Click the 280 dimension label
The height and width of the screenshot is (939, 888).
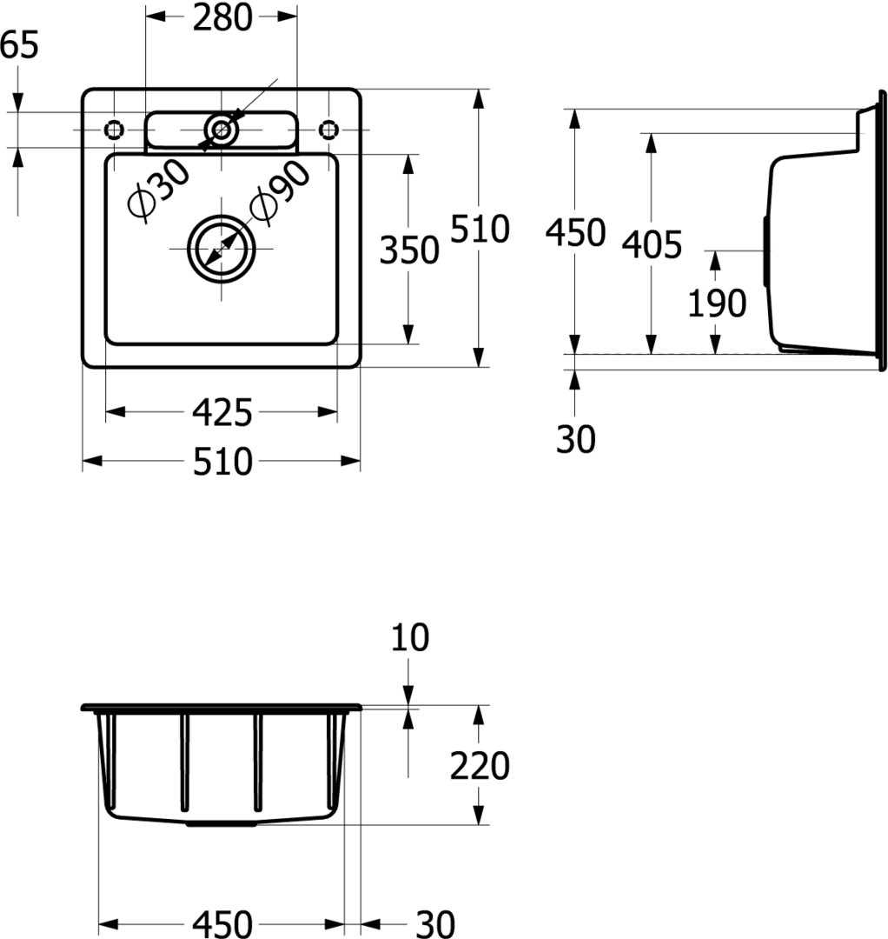point(222,17)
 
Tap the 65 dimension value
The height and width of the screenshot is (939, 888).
point(18,45)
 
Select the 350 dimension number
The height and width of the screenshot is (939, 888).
point(409,250)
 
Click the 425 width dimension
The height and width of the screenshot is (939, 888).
point(222,413)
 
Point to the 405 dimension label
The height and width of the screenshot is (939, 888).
point(652,244)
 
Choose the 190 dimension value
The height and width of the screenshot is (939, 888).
point(717,303)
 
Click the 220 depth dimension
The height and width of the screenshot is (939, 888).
point(480,765)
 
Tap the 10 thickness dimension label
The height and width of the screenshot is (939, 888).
point(410,637)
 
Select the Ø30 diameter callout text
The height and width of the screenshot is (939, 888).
point(158,190)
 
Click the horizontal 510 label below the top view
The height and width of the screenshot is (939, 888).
point(222,462)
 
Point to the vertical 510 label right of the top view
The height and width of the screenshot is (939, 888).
point(480,229)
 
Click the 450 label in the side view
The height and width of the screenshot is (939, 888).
point(575,232)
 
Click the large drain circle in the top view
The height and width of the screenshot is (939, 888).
point(222,216)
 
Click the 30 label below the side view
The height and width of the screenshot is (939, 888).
point(576,439)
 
